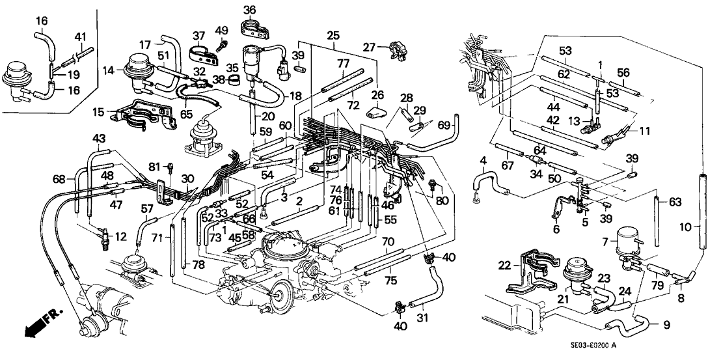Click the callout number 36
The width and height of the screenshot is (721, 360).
pos(251,9)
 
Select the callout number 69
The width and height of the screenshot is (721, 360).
pos(444,124)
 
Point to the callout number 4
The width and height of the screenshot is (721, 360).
pos(482,161)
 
